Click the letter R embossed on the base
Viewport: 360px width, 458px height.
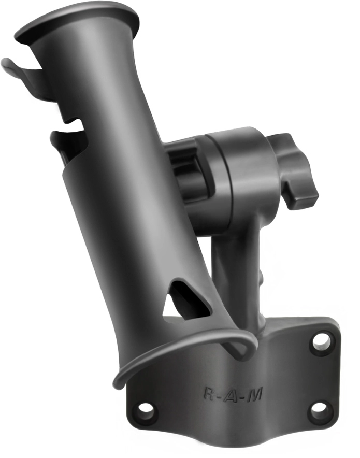coord(209,393)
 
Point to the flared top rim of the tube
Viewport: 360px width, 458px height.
coord(78,21)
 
